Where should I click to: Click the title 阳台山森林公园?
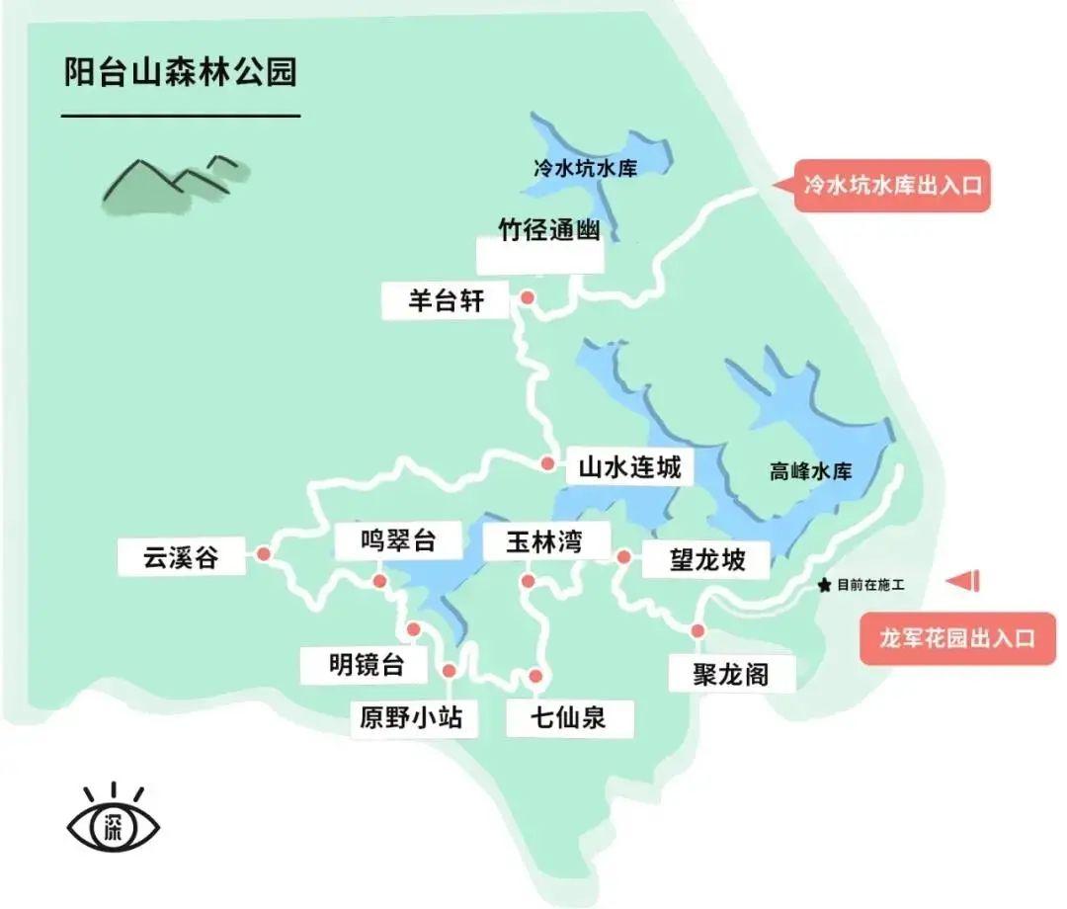coord(180,73)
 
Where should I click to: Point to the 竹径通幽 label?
coord(549,230)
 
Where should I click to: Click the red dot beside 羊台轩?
coord(528,297)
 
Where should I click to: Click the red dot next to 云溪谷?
coord(264,555)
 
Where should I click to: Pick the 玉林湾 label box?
coord(543,541)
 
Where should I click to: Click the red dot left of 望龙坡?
coord(623,557)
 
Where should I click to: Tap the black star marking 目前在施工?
coord(825,585)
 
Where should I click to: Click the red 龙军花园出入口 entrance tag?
coord(957,637)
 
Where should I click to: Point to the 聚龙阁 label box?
coord(732,674)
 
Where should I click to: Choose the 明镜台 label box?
coord(367,665)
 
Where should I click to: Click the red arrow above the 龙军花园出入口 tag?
coord(963,582)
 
